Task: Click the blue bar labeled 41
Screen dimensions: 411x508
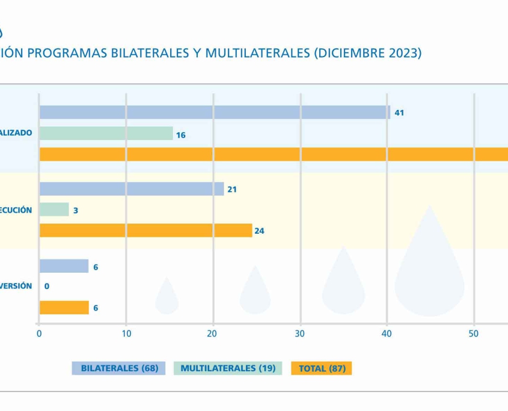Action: (x=214, y=112)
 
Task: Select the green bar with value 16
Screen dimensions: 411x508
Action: (x=106, y=133)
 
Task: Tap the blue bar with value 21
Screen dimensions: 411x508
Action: (x=131, y=189)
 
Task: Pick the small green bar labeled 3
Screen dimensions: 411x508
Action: (x=54, y=210)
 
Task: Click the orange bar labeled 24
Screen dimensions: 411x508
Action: (x=145, y=230)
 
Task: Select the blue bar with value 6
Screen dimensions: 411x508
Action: (x=64, y=266)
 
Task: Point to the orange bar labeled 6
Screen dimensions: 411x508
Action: (x=64, y=308)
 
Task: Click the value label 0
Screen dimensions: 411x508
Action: (x=47, y=287)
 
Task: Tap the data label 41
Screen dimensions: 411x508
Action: (x=399, y=112)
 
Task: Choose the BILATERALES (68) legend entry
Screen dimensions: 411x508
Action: (x=119, y=368)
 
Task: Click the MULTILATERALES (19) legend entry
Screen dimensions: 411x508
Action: (x=228, y=368)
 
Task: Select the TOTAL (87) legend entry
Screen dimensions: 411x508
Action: (x=322, y=368)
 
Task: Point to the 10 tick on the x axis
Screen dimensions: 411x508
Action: (x=126, y=334)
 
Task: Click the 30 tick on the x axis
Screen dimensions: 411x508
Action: (x=300, y=334)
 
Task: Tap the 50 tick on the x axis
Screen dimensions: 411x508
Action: (x=474, y=334)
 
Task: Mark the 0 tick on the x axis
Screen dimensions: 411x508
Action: (x=39, y=334)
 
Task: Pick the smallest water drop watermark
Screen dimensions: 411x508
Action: (x=167, y=297)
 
